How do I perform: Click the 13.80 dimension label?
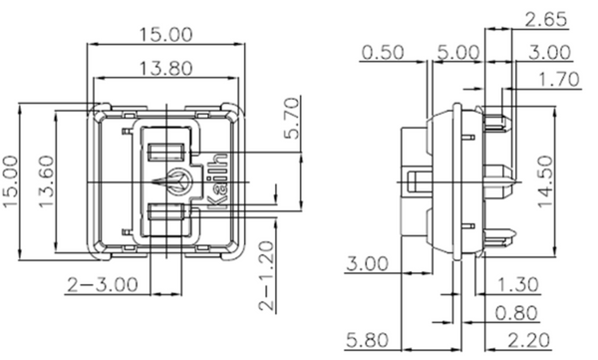click(x=165, y=69)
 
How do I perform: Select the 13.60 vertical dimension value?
click(x=47, y=181)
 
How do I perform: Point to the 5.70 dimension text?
click(x=293, y=119)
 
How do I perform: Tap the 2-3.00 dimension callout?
click(x=103, y=285)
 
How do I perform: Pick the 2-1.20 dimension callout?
click(x=266, y=276)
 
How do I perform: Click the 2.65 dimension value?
click(x=546, y=20)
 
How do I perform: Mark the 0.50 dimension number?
click(x=383, y=52)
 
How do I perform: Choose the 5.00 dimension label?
click(x=457, y=52)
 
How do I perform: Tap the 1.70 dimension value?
click(x=559, y=80)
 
